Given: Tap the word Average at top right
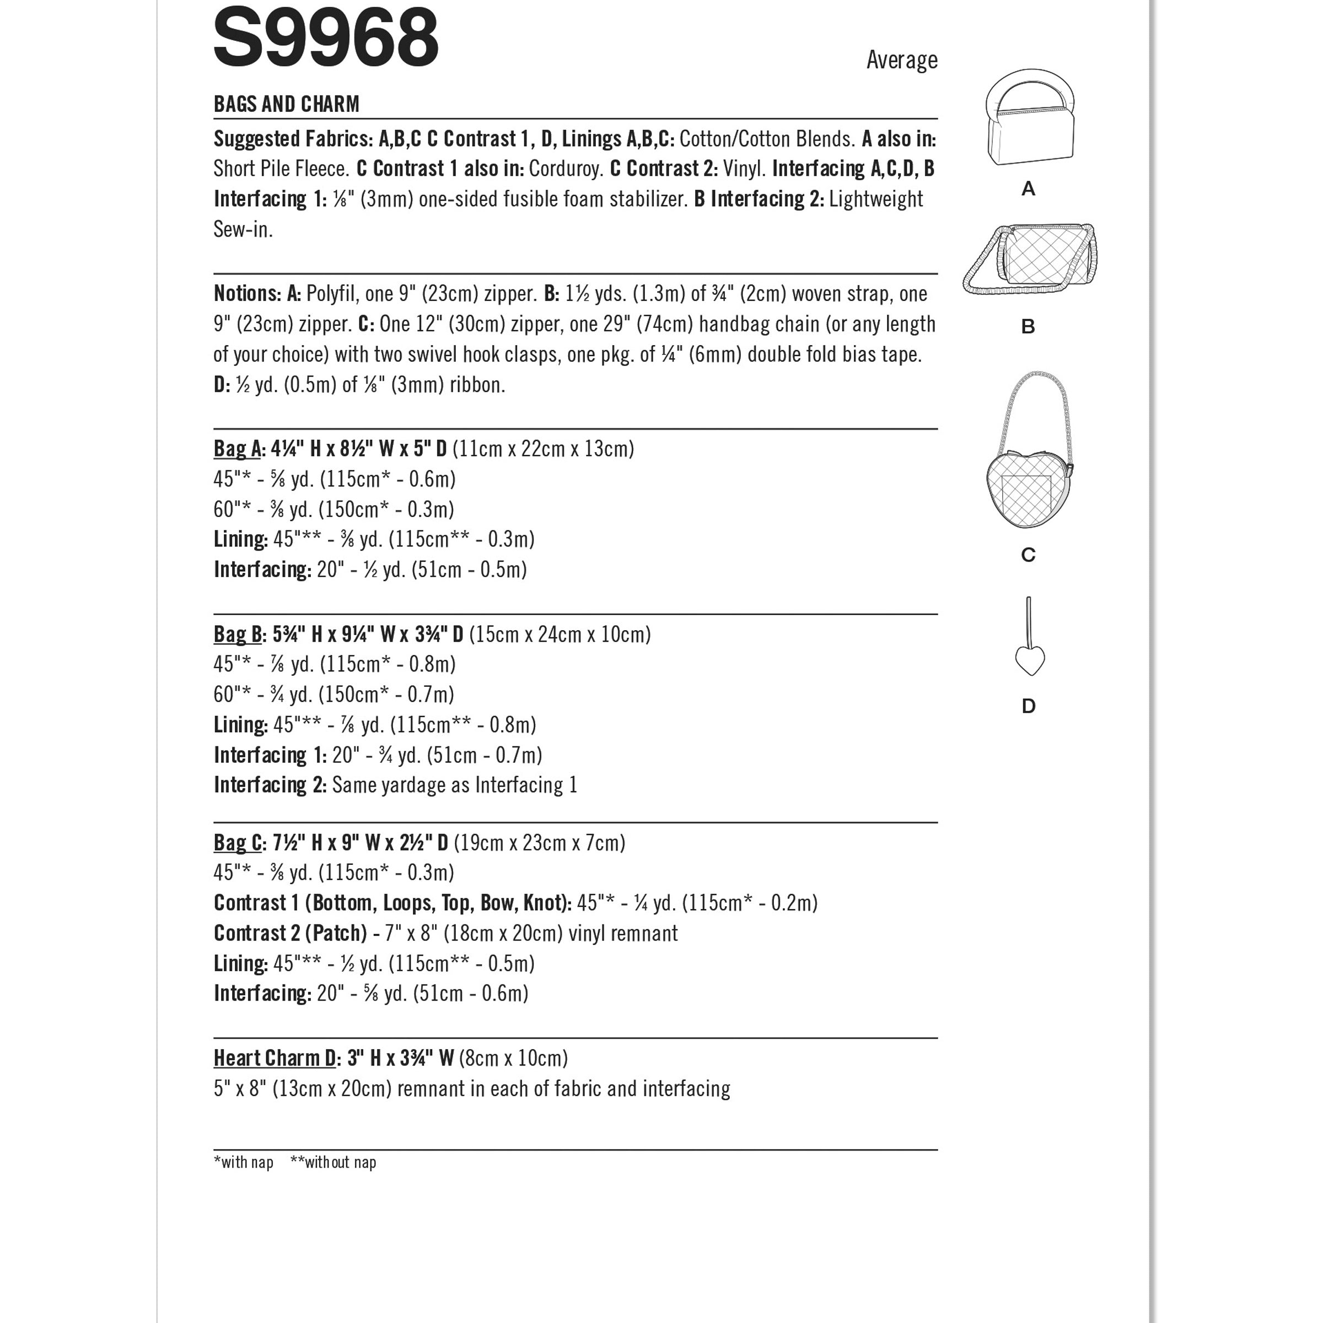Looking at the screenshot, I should pyautogui.click(x=901, y=60).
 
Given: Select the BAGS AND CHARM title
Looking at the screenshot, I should pyautogui.click(x=286, y=104).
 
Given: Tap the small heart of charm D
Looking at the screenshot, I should pyautogui.click(x=1029, y=661).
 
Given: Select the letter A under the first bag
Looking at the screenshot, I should pyautogui.click(x=1028, y=189).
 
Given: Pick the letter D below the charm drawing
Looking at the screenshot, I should pyautogui.click(x=1028, y=706).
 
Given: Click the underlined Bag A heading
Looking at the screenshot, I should pyautogui.click(x=237, y=449).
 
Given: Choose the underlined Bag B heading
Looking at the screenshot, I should pyautogui.click(x=238, y=635).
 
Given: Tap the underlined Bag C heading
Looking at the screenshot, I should pyautogui.click(x=238, y=843).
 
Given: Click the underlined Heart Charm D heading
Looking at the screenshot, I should pyautogui.click(x=275, y=1058).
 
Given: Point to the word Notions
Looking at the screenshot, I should pyautogui.click(x=246, y=294).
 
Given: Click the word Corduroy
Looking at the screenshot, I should pyautogui.click(x=566, y=169).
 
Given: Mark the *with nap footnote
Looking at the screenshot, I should pyautogui.click(x=243, y=1163).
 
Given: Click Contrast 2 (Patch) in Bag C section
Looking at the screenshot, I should pyautogui.click(x=291, y=933).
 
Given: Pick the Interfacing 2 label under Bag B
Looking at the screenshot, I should pyautogui.click(x=270, y=786).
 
